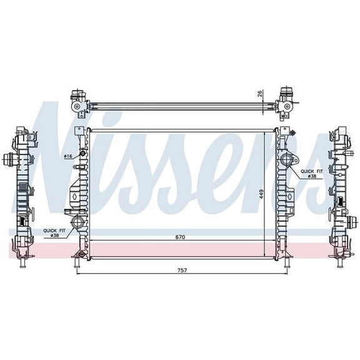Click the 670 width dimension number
tap(181, 237)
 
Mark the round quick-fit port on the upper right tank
tap(287, 161)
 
